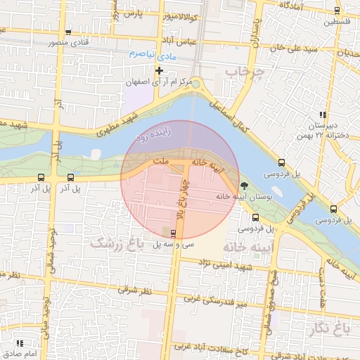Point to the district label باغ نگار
[x=328, y=327]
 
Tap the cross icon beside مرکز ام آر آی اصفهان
[x=160, y=70]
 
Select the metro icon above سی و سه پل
[x=174, y=233]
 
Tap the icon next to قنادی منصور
[x=67, y=32]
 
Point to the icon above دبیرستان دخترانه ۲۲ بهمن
[x=323, y=115]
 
